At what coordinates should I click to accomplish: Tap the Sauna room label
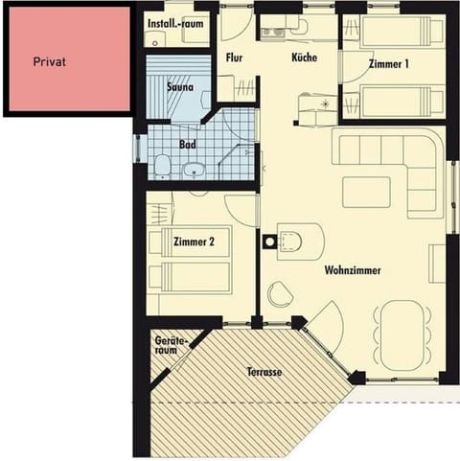point(180,87)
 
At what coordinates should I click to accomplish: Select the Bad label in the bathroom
point(188,145)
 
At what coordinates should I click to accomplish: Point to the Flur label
point(234,57)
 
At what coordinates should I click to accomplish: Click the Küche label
point(304,57)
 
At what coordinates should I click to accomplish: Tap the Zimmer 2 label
point(200,242)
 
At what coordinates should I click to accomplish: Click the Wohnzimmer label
point(352,271)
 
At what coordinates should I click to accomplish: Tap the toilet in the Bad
point(163,168)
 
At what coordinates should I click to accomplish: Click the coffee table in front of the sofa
point(366,191)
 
